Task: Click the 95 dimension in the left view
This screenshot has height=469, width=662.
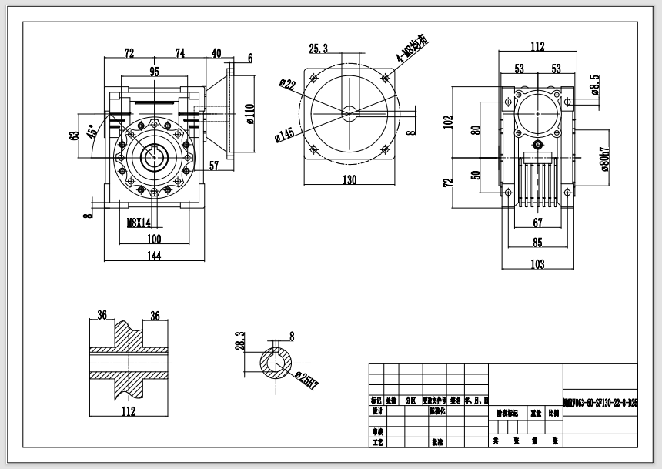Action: pyautogui.click(x=154, y=72)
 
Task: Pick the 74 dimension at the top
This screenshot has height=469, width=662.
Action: pyautogui.click(x=180, y=53)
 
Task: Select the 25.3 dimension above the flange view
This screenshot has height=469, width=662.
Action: pyautogui.click(x=319, y=49)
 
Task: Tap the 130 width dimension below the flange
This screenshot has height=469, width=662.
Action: pyautogui.click(x=349, y=179)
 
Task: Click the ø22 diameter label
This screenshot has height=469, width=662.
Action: pyautogui.click(x=289, y=84)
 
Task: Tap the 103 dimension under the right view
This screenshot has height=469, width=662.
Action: pyautogui.click(x=537, y=264)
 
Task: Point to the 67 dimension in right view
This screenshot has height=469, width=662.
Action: pyautogui.click(x=538, y=223)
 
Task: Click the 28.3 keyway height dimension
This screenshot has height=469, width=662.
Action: pyautogui.click(x=239, y=341)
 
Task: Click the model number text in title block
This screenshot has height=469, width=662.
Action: pyautogui.click(x=600, y=403)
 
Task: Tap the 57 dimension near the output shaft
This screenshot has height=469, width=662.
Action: pyautogui.click(x=215, y=166)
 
